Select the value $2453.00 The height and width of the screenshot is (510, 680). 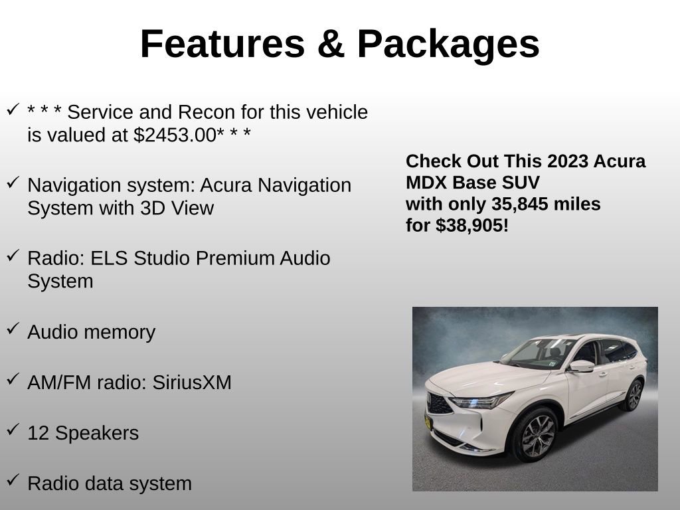175,135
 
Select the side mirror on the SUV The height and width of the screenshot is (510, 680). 581,365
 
